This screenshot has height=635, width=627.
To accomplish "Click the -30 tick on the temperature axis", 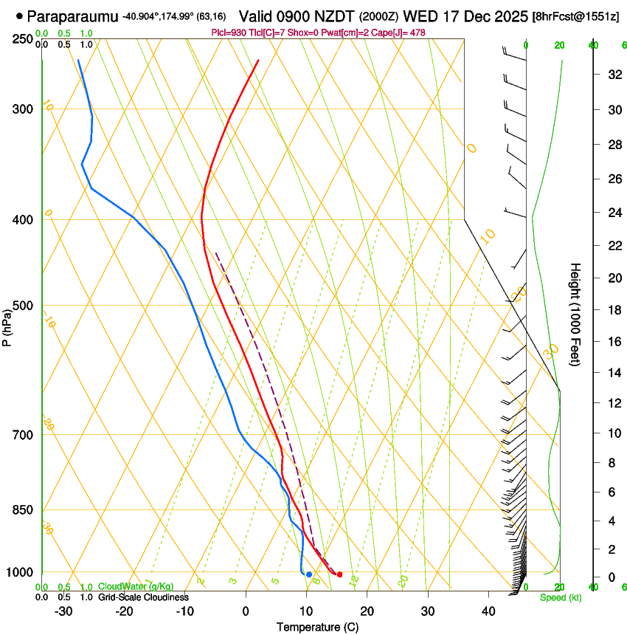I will [63, 611].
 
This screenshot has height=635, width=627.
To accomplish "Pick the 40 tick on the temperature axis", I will [488, 611].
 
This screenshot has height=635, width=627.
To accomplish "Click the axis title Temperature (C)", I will [317, 627].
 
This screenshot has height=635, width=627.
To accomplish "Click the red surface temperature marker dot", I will [339, 574].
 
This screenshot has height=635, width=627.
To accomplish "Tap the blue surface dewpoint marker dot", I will [309, 574].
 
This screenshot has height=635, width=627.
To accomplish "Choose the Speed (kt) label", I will [560, 597].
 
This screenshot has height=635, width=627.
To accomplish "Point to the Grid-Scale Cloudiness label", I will [143, 597].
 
